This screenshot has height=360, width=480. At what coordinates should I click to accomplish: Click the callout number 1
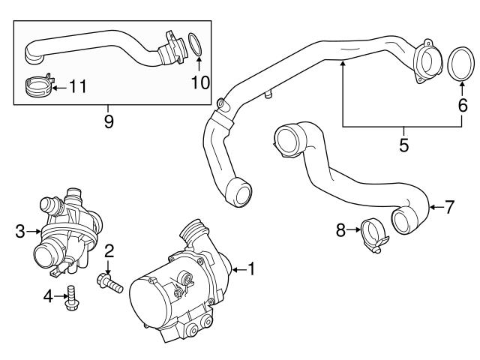pyautogui.click(x=252, y=268)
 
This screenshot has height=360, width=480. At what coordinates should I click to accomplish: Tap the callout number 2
pyautogui.click(x=109, y=250)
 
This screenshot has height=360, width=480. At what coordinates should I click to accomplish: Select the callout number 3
pyautogui.click(x=20, y=232)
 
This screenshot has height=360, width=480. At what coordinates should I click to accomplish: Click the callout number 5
pyautogui.click(x=403, y=145)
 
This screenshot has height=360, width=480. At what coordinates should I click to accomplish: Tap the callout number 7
pyautogui.click(x=449, y=208)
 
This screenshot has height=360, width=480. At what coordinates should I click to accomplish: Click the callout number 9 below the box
pyautogui.click(x=109, y=120)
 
